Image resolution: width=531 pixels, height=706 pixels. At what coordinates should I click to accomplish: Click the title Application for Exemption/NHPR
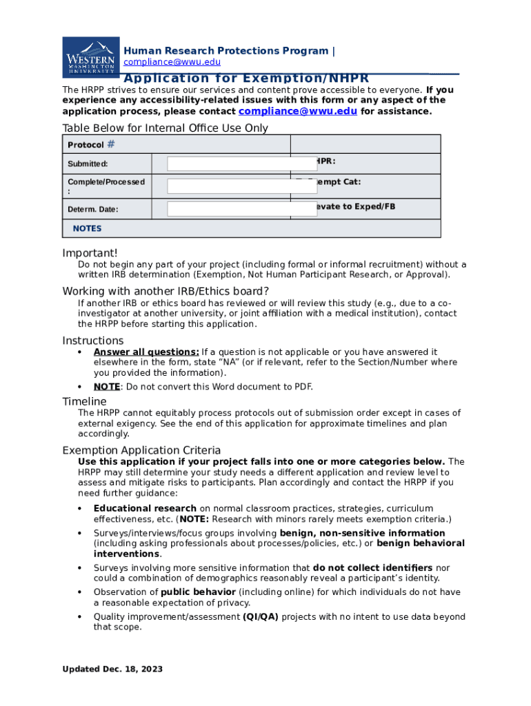tap(246, 78)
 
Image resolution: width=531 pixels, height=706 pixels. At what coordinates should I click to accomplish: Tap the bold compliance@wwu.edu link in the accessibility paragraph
tap(297, 111)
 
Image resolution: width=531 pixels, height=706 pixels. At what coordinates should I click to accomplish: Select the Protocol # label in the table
tap(91, 145)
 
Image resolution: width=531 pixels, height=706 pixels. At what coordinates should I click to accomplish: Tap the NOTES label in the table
tap(87, 228)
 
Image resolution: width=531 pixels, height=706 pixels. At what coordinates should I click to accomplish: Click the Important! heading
tap(90, 253)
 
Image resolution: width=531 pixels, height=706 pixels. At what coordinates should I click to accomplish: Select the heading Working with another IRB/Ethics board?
tap(166, 290)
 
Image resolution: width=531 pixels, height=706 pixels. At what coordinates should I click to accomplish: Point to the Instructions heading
tap(93, 341)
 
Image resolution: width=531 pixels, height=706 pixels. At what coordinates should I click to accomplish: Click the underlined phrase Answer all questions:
tap(146, 352)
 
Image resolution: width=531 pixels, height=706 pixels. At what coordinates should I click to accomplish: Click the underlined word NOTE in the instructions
tap(107, 386)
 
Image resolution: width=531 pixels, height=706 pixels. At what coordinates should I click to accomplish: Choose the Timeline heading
tap(84, 401)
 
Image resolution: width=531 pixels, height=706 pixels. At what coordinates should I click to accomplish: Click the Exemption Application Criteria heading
tap(141, 450)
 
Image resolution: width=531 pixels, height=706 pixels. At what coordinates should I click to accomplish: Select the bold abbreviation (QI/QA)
tap(261, 617)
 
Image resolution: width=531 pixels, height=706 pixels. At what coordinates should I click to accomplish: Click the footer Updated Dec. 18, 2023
tap(112, 669)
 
